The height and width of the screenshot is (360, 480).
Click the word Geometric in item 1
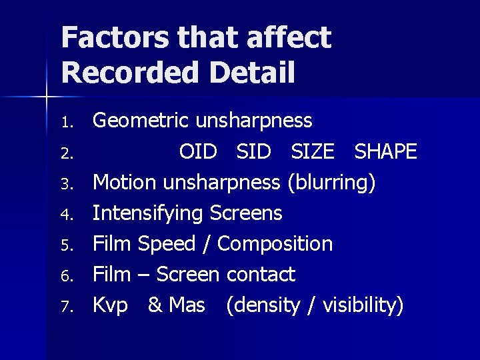[141, 121]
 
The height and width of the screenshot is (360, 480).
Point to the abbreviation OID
[198, 152]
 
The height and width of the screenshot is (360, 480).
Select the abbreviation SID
[253, 152]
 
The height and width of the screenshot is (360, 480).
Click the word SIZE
[312, 152]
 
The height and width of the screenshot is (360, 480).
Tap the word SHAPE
[385, 152]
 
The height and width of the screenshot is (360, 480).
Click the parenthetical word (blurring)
[331, 183]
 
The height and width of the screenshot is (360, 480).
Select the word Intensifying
[147, 213]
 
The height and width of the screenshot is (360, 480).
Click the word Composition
[275, 244]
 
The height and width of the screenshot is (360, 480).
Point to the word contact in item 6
[261, 274]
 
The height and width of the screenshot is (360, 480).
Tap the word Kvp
[110, 305]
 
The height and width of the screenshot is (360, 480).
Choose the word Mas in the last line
[187, 305]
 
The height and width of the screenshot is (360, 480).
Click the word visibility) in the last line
[363, 305]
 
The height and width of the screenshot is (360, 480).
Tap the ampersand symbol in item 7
[155, 305]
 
